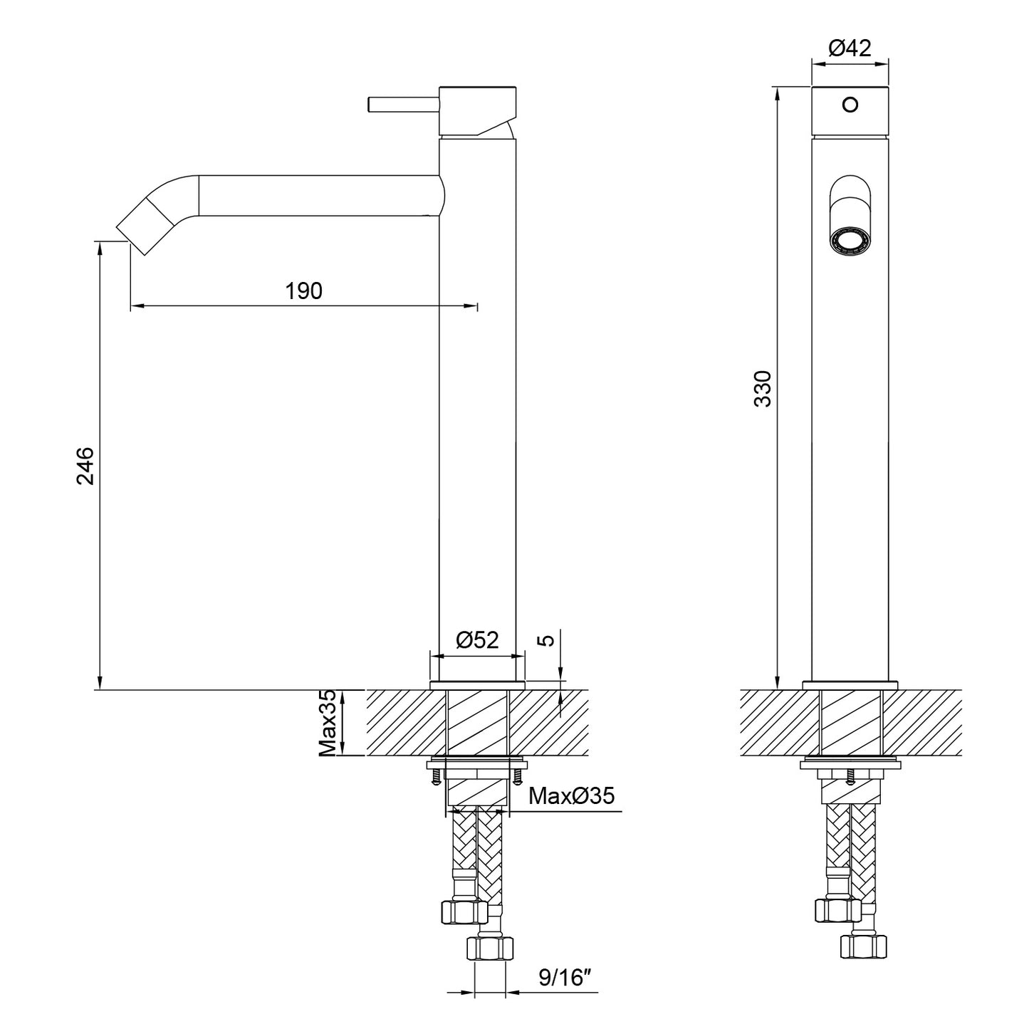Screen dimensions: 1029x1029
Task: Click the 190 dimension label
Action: point(303,291)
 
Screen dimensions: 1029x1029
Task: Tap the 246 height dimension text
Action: point(86,466)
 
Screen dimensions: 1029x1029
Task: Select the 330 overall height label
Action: point(763,389)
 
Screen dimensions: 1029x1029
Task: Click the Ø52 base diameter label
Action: point(477,639)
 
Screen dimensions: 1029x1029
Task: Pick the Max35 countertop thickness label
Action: point(328,723)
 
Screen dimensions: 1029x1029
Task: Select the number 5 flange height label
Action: point(550,639)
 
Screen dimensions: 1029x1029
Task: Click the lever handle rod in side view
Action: point(403,104)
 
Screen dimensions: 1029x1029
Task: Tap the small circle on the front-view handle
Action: point(850,104)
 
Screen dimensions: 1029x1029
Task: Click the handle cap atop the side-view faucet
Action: point(477,110)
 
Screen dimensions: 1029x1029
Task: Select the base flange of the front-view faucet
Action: point(850,686)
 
